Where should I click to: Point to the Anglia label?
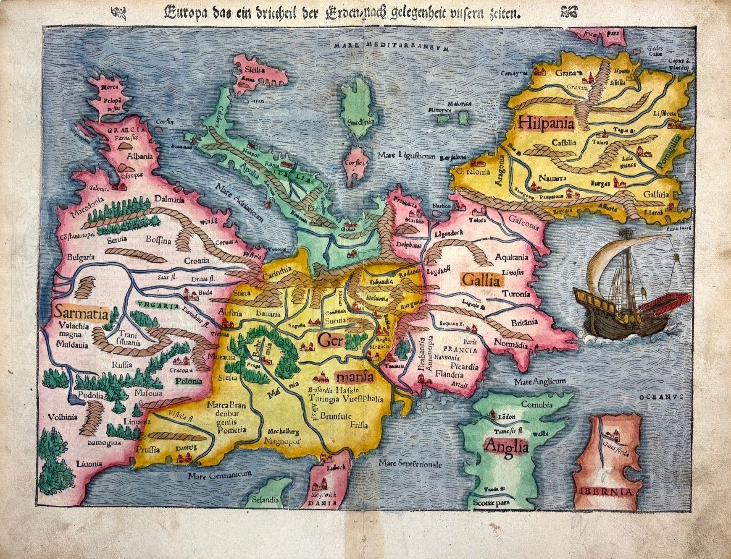(x=506, y=446)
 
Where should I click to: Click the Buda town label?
(x=206, y=293)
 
